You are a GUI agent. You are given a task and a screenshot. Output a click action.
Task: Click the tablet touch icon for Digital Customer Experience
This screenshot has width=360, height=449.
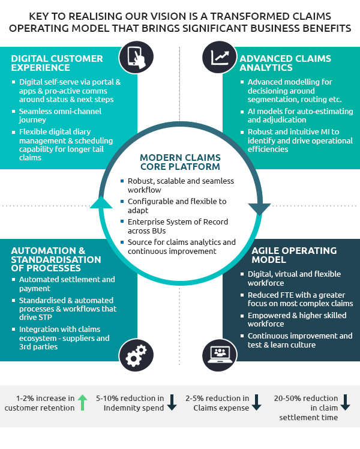pos(137,56)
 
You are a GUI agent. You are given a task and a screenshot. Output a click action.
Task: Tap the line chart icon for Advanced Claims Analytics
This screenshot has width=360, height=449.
pos(220,56)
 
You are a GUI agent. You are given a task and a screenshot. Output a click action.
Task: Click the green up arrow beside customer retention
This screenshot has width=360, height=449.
pos(82,403)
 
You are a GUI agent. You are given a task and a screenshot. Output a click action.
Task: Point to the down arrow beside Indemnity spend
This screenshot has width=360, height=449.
pos(172,403)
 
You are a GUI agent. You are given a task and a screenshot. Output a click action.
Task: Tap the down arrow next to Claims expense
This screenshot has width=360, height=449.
pos(257,403)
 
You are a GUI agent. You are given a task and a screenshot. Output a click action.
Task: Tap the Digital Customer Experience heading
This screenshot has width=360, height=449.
pos(57,64)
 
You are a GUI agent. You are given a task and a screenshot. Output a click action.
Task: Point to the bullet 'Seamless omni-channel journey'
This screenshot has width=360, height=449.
pos(60,116)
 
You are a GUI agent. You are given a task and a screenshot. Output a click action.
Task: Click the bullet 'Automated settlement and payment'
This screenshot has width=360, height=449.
pos(67,284)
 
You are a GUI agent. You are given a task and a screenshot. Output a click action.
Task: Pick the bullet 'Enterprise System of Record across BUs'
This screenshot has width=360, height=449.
pos(178,226)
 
